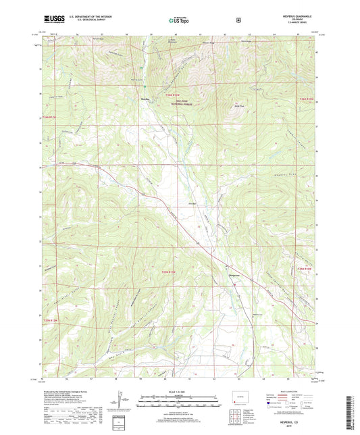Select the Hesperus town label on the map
(x=233, y=275)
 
